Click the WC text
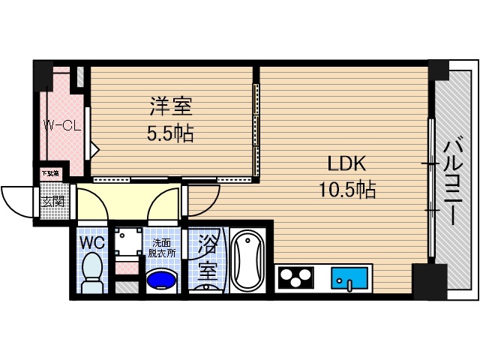tap(93, 242)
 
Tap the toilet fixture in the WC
tap(92, 271)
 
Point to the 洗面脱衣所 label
tap(162, 248)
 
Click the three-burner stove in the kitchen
tap(295, 278)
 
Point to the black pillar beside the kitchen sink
tap(430, 281)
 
